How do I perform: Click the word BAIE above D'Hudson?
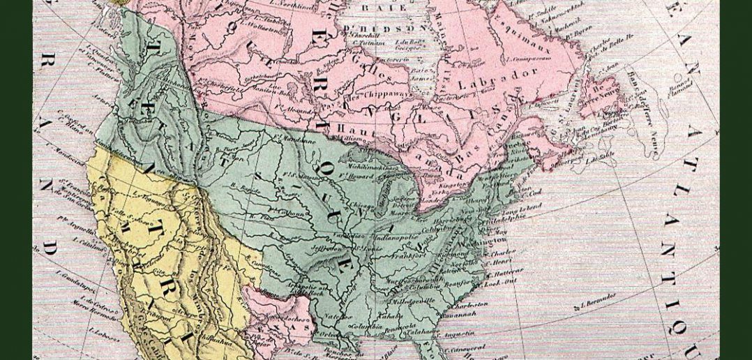click(375, 8)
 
